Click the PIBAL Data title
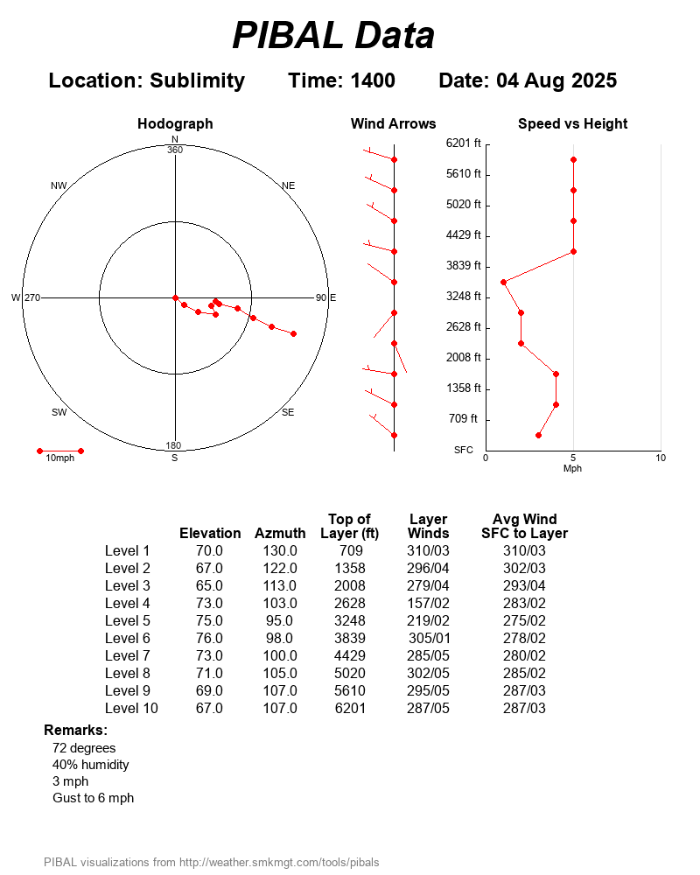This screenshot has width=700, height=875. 333,36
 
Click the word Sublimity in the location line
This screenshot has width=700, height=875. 197,80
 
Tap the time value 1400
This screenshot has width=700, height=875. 373,80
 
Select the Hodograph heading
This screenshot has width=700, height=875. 175,124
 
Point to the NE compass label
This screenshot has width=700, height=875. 289,185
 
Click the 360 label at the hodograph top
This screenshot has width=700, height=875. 175,150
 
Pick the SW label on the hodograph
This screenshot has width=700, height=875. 59,412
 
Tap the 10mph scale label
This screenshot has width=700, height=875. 60,458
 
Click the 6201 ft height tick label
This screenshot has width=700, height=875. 464,143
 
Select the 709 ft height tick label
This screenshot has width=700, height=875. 464,418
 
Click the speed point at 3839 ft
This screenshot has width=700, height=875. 503,282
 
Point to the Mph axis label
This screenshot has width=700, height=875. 572,468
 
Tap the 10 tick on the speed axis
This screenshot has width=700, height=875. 661,458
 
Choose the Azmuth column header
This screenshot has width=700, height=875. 280,533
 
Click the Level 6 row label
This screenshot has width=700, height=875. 128,638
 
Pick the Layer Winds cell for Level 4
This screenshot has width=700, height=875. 428,603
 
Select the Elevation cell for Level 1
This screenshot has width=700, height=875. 209,550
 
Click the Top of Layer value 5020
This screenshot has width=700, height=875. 350,673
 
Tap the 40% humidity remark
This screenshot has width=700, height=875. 90,765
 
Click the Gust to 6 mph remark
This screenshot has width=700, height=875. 93,798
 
